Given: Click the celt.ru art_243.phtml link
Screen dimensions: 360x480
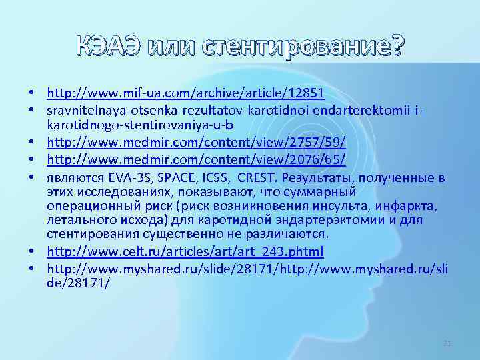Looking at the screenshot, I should (185, 251).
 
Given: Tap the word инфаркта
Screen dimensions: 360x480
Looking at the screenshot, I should (408, 206).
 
